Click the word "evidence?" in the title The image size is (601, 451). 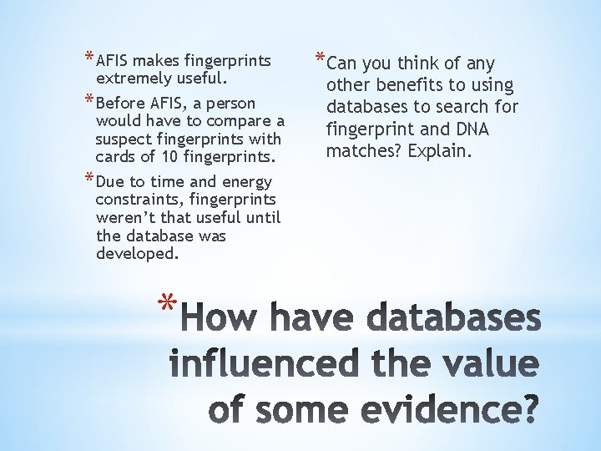[x=437, y=412]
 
